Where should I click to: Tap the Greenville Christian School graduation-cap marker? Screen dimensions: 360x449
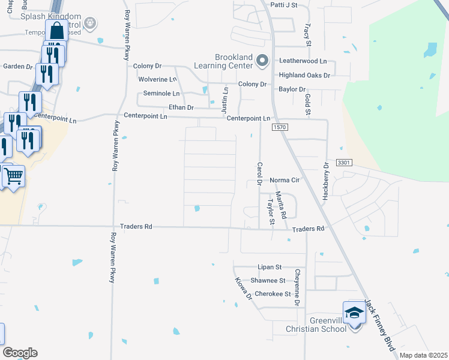tap(354, 313)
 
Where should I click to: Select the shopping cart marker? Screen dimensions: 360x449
tap(13, 176)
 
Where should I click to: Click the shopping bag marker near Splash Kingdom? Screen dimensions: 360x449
tap(57, 31)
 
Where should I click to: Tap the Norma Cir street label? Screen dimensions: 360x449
tap(285, 180)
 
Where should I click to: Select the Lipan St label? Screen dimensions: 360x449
tap(270, 267)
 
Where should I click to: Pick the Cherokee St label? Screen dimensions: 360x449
tap(273, 294)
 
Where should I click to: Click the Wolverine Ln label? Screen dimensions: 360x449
tap(158, 79)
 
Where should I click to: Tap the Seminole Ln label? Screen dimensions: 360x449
tap(161, 94)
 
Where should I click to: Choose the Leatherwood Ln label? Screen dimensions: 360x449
tap(303, 61)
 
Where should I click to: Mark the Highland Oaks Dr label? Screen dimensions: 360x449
tap(304, 75)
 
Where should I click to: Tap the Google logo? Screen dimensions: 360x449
tap(19, 353)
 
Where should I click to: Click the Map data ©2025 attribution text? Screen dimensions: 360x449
tap(423, 355)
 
